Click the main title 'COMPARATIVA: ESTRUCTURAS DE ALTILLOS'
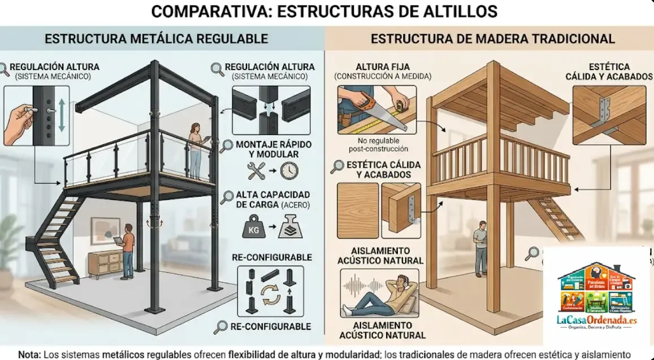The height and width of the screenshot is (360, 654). (324, 11)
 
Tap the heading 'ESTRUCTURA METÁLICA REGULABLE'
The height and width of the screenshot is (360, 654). (156, 39)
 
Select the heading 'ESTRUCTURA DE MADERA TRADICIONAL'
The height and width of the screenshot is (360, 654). (492, 39)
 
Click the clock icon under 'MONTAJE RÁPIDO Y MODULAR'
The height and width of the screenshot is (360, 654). (289, 170)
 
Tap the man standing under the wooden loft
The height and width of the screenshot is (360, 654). (480, 248)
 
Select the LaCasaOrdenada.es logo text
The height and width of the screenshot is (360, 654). (597, 320)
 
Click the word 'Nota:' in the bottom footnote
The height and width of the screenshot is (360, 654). (29, 354)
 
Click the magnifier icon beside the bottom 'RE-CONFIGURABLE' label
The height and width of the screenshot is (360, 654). (220, 327)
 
